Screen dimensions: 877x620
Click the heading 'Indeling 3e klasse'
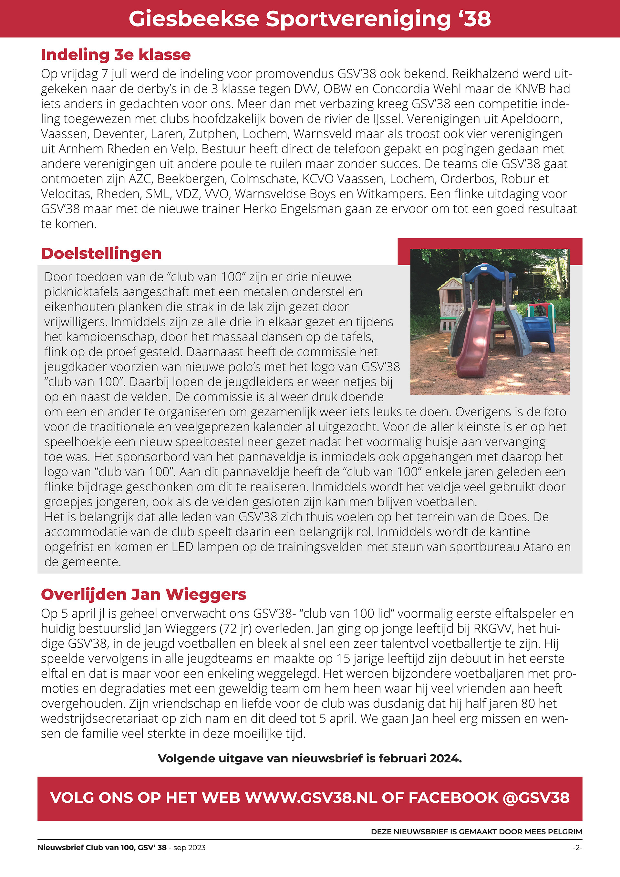pos(116,55)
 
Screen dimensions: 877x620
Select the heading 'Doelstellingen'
pos(101,253)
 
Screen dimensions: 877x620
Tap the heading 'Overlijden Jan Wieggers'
pos(144,594)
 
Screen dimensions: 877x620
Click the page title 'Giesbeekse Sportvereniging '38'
pos(310,18)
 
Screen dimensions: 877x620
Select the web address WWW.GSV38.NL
pos(311,798)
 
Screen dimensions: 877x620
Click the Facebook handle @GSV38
pos(536,798)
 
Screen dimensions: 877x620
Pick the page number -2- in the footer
pos(577,848)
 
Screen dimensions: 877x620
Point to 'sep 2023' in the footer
pos(189,848)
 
